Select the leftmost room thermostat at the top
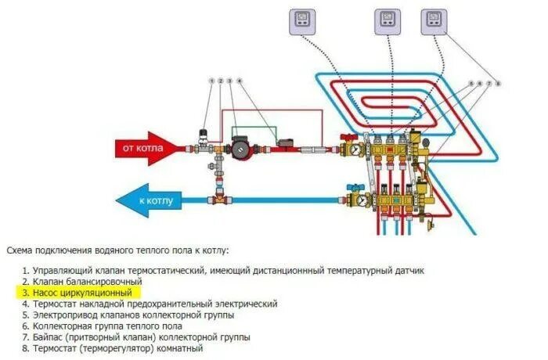click(301, 20)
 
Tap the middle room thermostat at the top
click(387, 20)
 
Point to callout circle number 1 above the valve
click(211, 81)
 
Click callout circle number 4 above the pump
click(239, 81)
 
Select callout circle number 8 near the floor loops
click(498, 83)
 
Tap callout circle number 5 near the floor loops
click(470, 83)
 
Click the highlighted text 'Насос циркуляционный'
click(76, 292)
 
